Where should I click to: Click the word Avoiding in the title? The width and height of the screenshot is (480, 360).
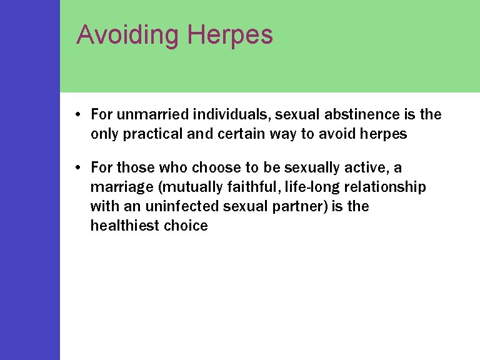coord(127,35)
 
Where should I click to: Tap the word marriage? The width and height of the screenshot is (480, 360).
coord(117,187)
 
